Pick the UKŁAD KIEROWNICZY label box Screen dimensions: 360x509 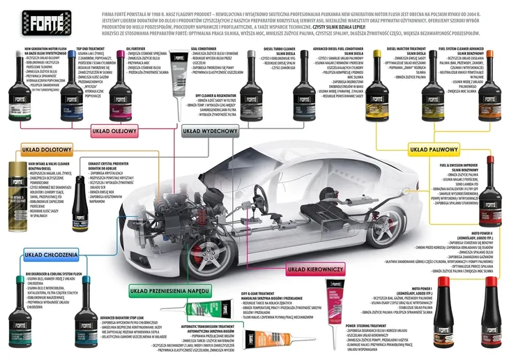tap(317, 268)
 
